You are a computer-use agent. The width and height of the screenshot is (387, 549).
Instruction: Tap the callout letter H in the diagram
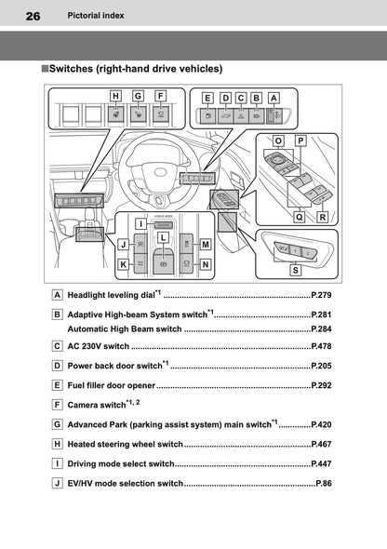[115, 95]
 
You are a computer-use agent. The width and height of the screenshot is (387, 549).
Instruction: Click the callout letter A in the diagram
[274, 97]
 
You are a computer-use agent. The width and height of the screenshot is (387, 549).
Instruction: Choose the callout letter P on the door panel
[300, 141]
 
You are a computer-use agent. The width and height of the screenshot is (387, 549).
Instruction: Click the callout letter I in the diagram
[138, 224]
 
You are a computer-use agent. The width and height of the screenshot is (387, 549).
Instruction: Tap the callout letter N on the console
[206, 264]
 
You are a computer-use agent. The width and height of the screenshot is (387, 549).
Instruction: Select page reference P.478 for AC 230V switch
[321, 346]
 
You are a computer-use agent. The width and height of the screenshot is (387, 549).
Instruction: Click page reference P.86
[324, 484]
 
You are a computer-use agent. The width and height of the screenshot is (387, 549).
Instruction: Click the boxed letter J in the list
[58, 484]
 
